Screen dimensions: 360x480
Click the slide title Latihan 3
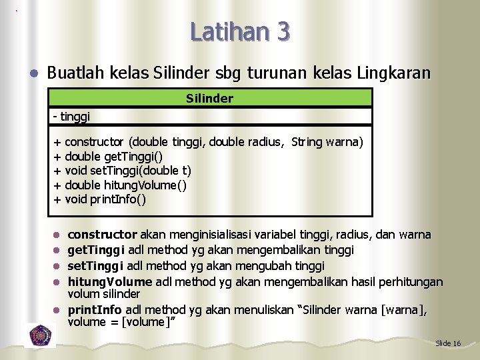point(239,31)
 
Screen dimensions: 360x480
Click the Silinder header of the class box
point(209,99)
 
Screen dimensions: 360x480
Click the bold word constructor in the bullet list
point(102,235)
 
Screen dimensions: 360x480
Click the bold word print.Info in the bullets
point(95,310)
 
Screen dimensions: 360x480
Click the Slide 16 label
point(447,343)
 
